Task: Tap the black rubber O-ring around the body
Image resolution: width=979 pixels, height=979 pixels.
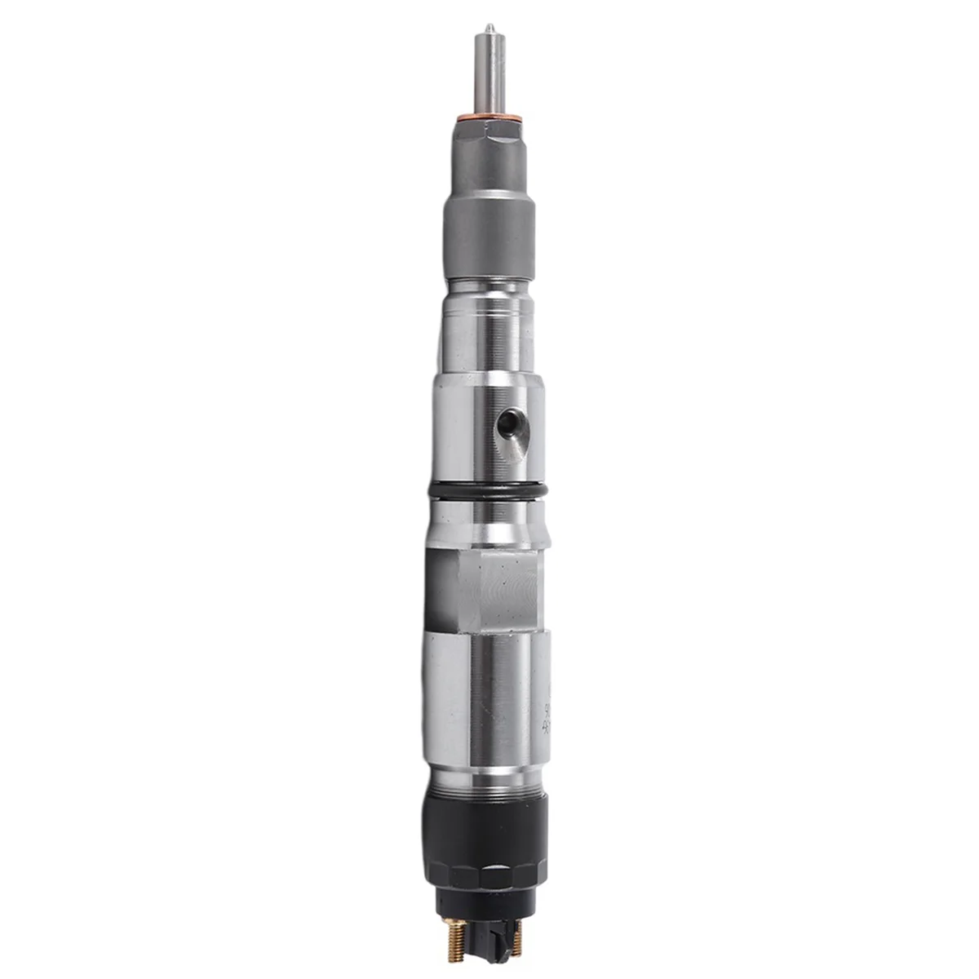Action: pyautogui.click(x=487, y=489)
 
